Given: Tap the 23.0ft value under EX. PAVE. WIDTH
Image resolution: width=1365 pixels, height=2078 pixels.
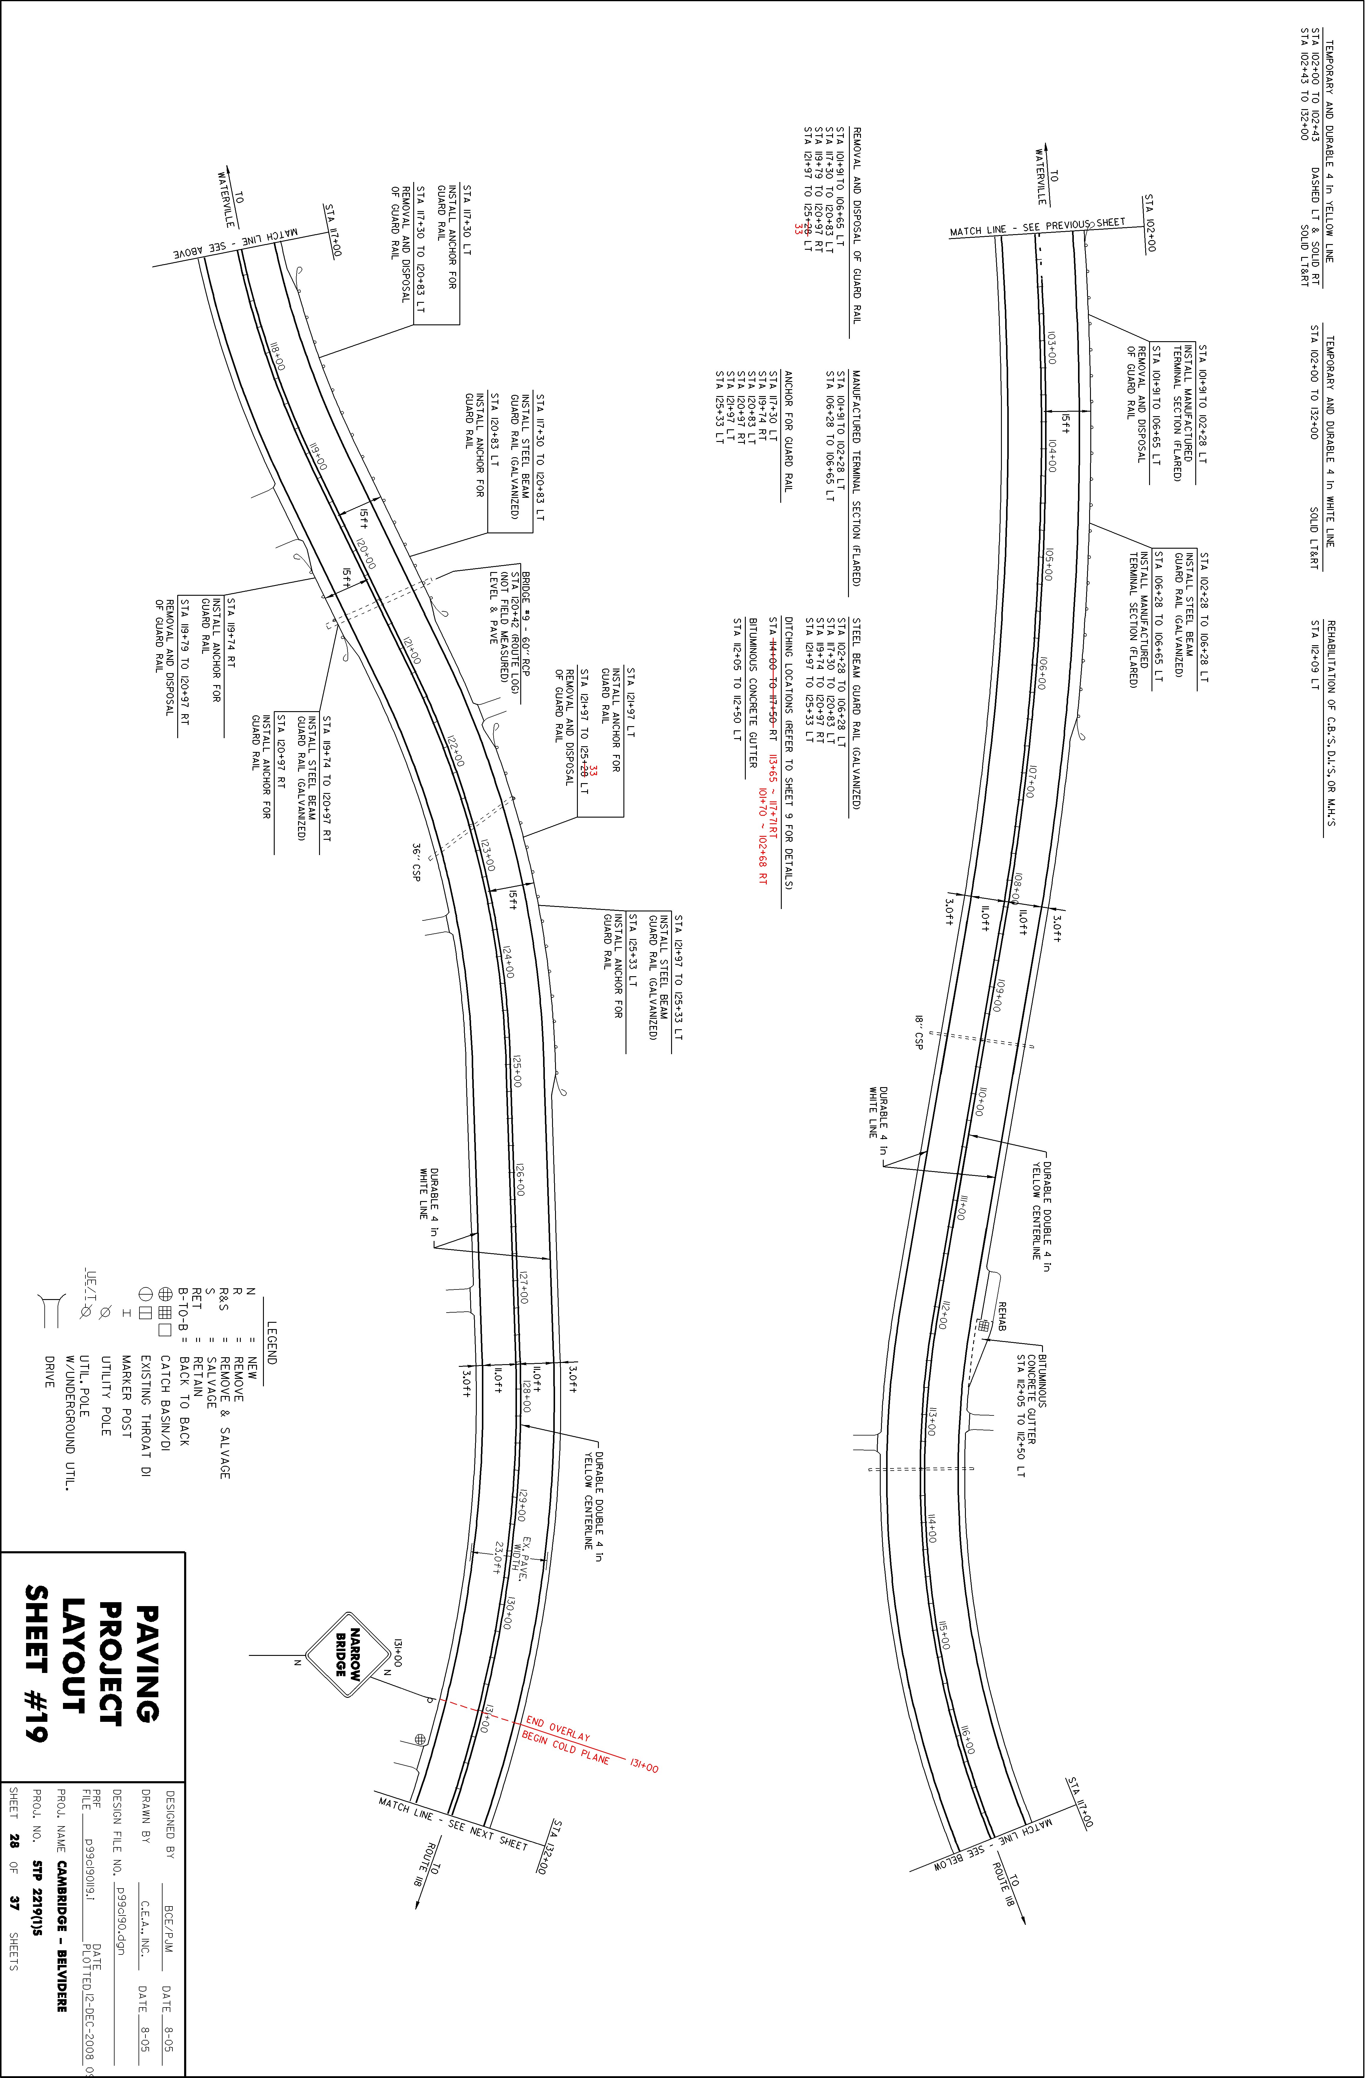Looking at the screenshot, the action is [x=497, y=1558].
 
